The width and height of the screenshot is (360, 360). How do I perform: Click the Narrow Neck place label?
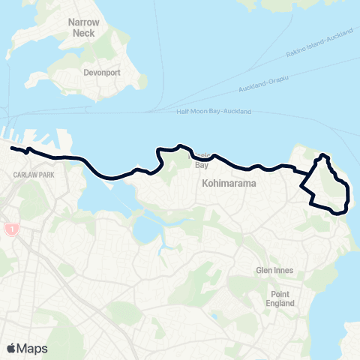83,28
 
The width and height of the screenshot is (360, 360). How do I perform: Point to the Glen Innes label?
276,271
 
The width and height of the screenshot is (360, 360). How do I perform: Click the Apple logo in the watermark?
12,348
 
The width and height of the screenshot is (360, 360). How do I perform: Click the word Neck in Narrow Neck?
83,34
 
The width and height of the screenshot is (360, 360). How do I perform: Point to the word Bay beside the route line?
201,165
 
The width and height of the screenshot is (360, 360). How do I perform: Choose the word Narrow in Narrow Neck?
83,23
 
